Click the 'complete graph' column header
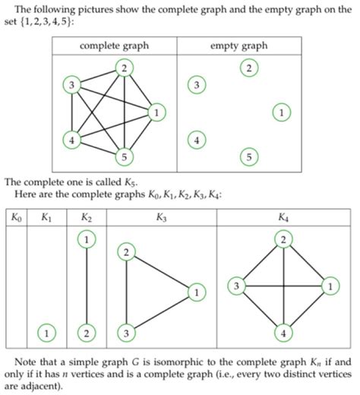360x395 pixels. click(x=115, y=46)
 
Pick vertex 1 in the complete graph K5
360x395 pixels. click(x=156, y=112)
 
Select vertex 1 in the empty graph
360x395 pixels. click(x=281, y=112)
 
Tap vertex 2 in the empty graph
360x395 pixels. click(x=248, y=68)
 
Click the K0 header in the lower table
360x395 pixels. click(x=16, y=218)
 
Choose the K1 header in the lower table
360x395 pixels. click(x=46, y=218)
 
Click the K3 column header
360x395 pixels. click(x=161, y=218)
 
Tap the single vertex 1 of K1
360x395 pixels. click(x=47, y=332)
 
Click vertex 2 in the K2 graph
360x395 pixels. click(x=86, y=332)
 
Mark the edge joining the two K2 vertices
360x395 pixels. click(x=86, y=286)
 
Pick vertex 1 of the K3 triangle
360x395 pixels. click(x=196, y=292)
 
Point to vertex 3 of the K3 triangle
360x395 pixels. click(x=127, y=332)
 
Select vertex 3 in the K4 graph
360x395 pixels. click(x=237, y=286)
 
